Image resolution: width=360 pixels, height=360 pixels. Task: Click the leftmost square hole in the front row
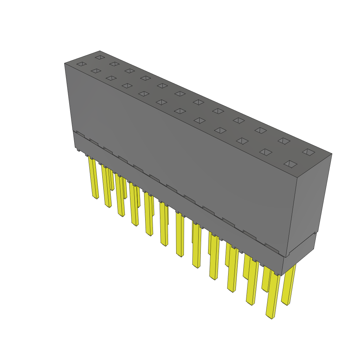point(81,64)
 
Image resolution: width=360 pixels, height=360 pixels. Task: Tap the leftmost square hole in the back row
point(100,57)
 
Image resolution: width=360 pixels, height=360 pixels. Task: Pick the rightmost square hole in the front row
point(290,164)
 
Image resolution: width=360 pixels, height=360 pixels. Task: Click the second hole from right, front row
point(266,152)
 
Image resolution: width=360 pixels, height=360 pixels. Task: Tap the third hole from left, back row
point(129,71)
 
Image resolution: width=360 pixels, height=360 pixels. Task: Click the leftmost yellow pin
point(94,178)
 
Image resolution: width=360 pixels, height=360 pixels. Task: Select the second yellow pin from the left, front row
point(107,186)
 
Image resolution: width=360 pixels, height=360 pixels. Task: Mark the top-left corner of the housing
point(65,64)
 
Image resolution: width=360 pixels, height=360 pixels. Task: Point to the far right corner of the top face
point(332,154)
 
